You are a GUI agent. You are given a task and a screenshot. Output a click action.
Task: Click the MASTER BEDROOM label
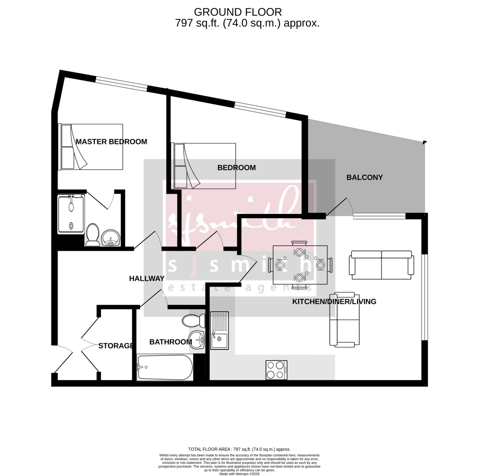(x=111, y=142)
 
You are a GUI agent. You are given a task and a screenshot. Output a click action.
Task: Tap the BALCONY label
(x=364, y=178)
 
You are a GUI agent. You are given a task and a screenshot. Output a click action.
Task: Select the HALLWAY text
(x=146, y=278)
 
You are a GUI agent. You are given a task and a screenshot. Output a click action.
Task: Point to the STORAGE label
(x=116, y=346)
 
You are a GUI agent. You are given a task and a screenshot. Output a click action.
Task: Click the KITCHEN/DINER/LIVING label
(x=334, y=302)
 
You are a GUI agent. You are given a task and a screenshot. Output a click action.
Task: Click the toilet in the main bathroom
(x=193, y=320)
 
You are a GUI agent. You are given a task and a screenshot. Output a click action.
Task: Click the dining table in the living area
(x=299, y=265)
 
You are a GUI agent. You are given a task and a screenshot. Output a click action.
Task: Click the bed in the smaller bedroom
(x=204, y=166)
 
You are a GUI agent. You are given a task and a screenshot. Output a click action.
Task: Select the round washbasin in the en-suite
(x=110, y=239)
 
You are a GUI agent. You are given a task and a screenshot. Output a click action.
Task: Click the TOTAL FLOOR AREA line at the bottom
(x=239, y=449)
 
